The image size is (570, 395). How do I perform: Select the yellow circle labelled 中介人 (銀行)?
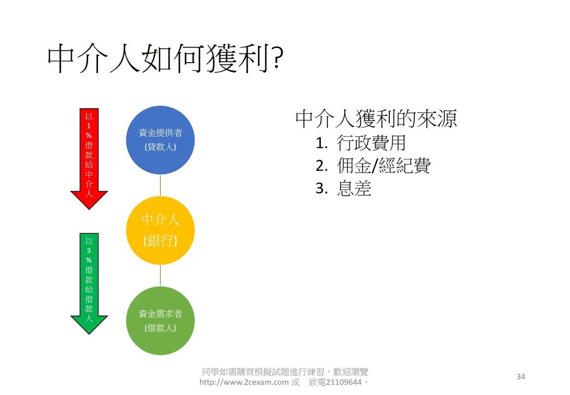(160, 230)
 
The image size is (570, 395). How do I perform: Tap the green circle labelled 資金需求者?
(160, 320)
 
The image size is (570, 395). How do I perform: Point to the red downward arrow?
(89, 158)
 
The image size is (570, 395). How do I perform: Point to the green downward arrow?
(89, 282)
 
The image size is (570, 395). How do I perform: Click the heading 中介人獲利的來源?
(376, 119)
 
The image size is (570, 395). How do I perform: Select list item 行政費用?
(371, 143)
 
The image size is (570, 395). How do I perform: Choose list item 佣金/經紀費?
(383, 166)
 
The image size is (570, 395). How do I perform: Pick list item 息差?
(354, 189)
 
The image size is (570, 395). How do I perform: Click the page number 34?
(521, 377)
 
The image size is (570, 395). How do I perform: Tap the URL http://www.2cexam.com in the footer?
(244, 383)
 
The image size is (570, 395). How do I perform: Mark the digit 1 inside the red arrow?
(89, 125)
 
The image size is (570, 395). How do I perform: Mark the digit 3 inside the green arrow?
(89, 250)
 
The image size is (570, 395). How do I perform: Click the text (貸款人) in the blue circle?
(160, 147)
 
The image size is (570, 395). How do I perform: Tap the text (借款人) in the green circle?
(160, 328)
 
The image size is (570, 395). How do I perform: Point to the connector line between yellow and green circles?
(160, 275)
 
